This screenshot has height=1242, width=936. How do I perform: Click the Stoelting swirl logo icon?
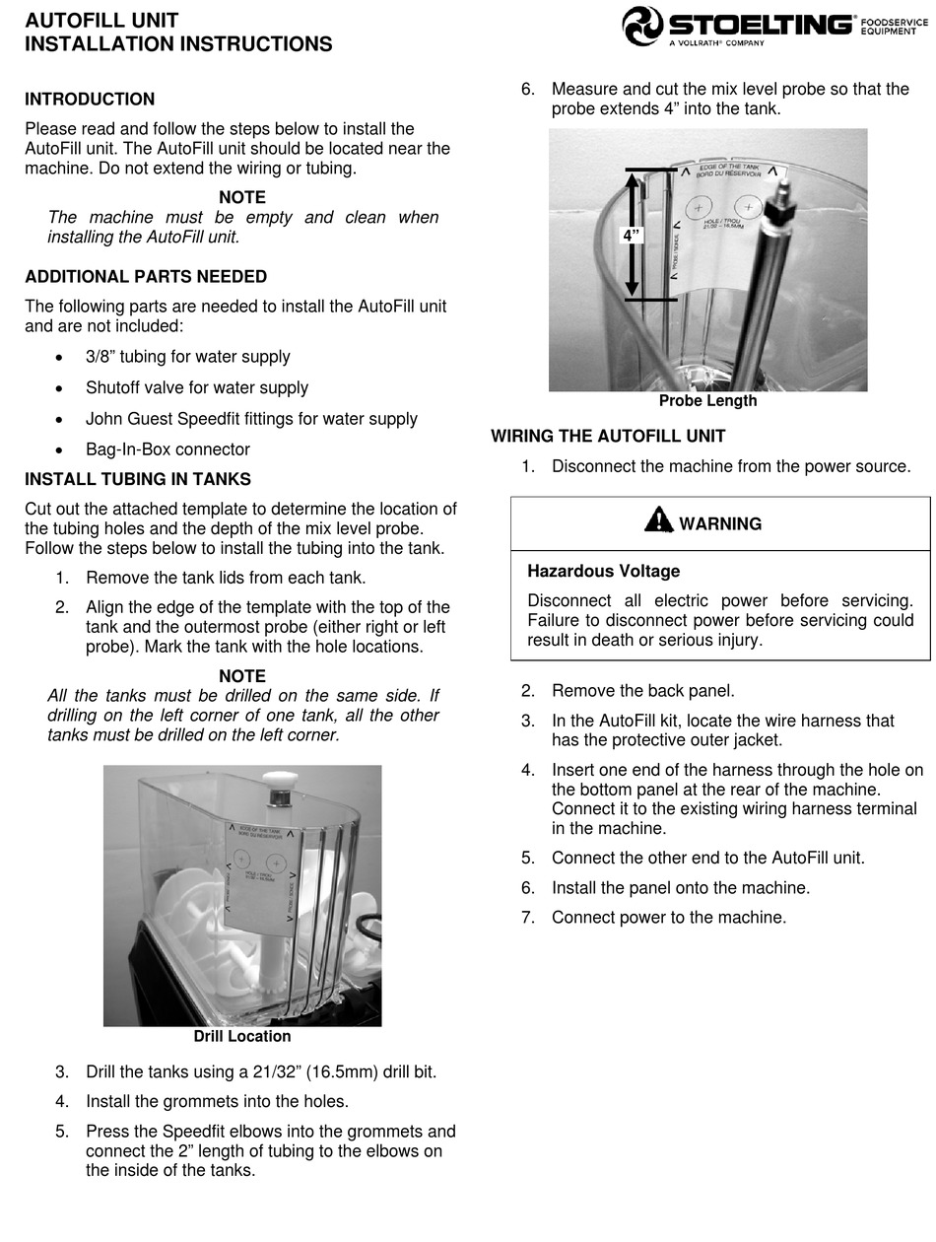(x=642, y=26)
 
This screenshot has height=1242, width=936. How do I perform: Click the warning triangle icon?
(x=658, y=519)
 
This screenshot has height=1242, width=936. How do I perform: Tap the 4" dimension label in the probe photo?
(x=631, y=236)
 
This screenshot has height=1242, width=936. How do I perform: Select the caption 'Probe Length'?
(x=707, y=401)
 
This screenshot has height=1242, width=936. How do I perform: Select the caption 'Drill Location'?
(x=242, y=1036)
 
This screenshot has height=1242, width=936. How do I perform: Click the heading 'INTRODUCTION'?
(x=90, y=100)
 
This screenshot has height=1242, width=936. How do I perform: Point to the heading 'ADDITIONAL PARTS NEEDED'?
(x=146, y=277)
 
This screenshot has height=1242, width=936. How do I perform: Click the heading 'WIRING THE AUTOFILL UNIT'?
(x=608, y=436)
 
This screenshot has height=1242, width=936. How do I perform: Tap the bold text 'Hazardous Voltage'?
(x=603, y=571)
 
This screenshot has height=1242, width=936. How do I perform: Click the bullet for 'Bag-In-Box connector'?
(x=61, y=450)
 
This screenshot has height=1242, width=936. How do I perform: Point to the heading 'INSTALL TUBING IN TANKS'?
(x=138, y=480)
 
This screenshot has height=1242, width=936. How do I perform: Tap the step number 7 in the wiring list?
(x=528, y=918)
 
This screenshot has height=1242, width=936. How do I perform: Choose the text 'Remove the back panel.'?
(x=642, y=691)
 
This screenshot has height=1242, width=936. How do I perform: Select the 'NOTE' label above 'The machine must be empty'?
(x=242, y=198)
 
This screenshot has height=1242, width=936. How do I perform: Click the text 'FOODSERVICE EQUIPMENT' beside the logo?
(x=895, y=26)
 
